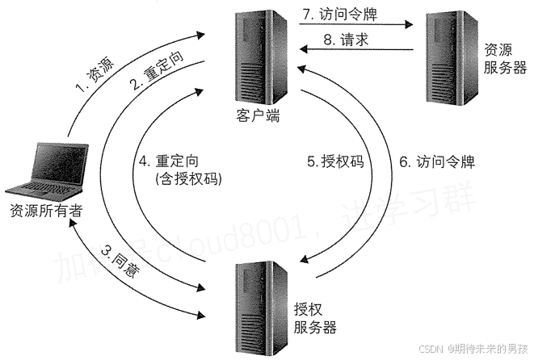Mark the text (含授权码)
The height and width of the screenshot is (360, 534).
pyautogui.click(x=185, y=178)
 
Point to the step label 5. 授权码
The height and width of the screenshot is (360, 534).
pyautogui.click(x=333, y=161)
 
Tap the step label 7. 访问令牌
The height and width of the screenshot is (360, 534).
pyautogui.click(x=338, y=14)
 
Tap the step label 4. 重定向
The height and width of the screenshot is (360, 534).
pyautogui.click(x=174, y=161)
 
